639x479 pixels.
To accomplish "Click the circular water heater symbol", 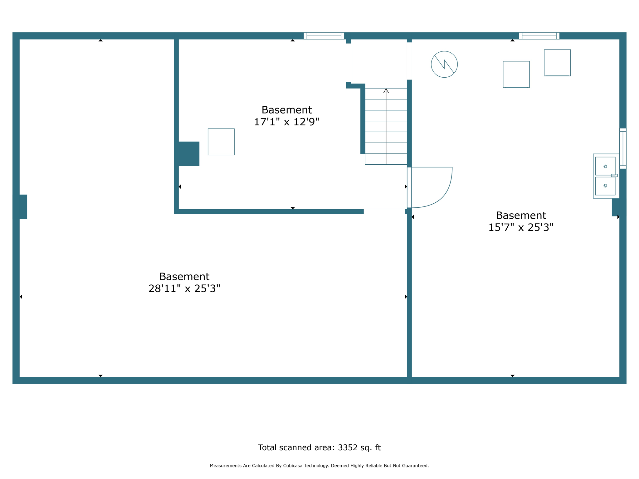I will (444, 64).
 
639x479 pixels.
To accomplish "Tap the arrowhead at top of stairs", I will (386, 91).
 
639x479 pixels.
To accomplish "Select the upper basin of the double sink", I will (605, 166).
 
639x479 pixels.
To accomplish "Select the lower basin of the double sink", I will (605, 186).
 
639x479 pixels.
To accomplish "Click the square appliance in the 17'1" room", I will (221, 142).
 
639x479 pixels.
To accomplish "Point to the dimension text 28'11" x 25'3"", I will (184, 289).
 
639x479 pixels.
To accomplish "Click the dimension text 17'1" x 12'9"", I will (286, 122).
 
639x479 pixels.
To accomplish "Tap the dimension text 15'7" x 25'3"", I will (520, 228).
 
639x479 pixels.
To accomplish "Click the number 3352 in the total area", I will (348, 448).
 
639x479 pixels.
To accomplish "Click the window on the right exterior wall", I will (623, 148).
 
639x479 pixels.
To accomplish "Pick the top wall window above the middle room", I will (324, 36).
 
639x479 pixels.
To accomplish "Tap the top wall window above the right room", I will (539, 36).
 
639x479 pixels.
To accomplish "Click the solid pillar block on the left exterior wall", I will (22, 207).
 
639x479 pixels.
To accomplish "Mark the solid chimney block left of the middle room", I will (188, 154).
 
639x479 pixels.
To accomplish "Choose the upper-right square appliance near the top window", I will (557, 63).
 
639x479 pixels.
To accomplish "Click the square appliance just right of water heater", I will (516, 74).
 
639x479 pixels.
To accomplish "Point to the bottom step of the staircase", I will (386, 159).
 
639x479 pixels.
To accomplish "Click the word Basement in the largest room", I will (184, 277).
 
